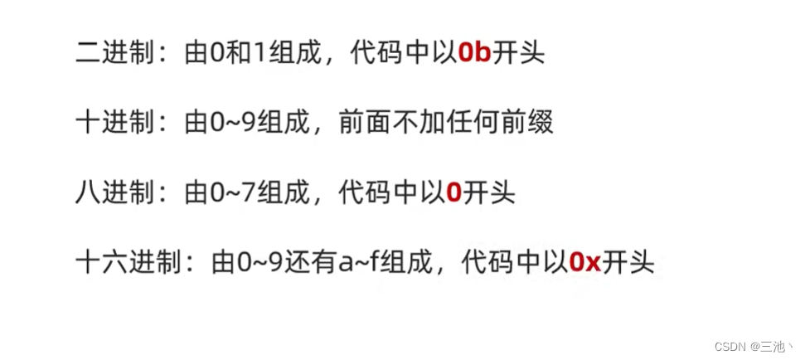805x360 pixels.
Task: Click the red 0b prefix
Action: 475,54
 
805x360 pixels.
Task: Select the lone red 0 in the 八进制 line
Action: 453,193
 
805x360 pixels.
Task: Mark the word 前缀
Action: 527,124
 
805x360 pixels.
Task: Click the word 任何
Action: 469,124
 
